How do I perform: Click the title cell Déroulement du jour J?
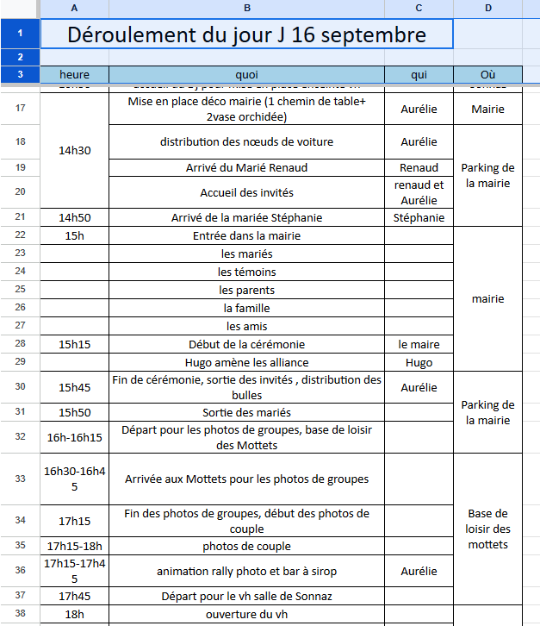coord(246,35)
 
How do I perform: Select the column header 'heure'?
coord(74,75)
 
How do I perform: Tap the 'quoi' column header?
coord(246,75)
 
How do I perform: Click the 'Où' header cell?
coord(487,75)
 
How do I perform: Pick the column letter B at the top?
coord(246,8)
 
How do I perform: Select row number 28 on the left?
coord(20,344)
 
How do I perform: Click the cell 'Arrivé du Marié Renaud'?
coord(246,167)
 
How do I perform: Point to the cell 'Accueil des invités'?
coord(246,192)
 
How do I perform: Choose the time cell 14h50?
coord(74,217)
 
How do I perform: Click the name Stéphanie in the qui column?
coord(419,217)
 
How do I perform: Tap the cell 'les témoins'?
coord(246,272)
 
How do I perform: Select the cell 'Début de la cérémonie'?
coord(246,344)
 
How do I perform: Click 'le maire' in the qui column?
coord(419,344)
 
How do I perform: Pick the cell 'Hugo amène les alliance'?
coord(246,363)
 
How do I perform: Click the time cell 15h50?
coord(74,412)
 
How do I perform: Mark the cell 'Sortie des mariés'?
coord(246,412)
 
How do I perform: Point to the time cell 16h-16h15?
coord(74,437)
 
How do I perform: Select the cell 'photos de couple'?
coord(246,546)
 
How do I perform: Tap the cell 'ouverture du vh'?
coord(246,614)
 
